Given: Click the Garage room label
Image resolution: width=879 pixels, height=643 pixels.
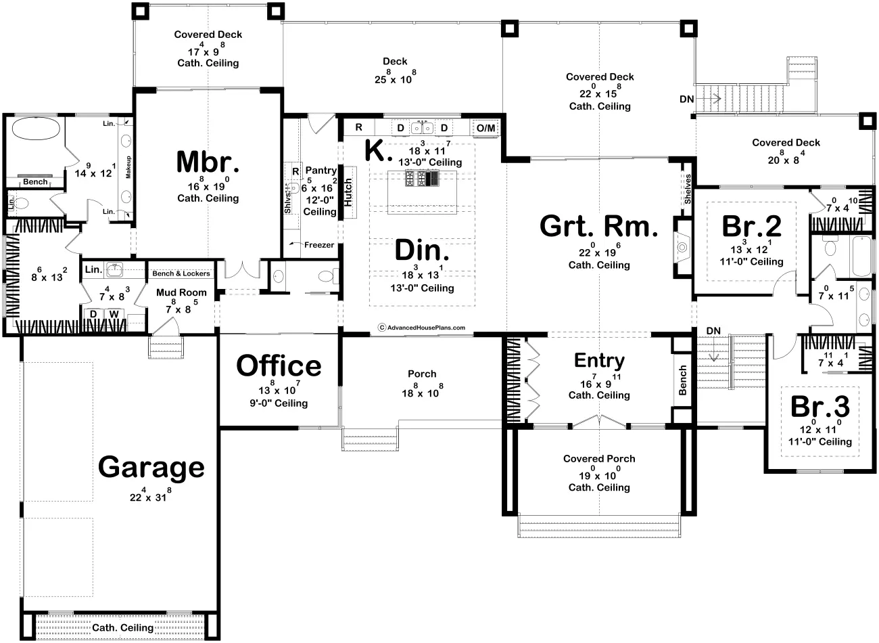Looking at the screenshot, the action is coord(151,467).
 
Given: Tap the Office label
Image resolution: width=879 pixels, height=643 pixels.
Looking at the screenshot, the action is coord(279,365).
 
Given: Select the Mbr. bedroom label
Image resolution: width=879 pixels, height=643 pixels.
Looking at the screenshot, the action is coord(208,162).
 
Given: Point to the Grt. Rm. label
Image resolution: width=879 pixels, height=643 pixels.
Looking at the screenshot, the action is coord(599,226).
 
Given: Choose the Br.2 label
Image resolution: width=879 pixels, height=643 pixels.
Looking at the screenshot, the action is coord(751,226).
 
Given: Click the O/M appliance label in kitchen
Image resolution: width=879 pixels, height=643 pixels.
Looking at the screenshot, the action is coord(485,128).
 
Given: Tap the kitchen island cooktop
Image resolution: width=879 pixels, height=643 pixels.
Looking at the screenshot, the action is coord(422,178).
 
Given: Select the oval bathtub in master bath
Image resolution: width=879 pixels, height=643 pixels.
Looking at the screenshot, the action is coord(36,129).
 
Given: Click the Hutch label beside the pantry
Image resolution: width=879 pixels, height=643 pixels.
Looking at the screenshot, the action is coord(348,192).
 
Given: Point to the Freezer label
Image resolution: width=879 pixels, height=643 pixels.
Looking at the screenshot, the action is coord(319,245).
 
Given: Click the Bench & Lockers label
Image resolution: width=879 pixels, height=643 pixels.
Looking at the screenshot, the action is coord(181,273).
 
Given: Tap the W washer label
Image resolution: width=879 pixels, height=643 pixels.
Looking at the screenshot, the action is coord(114,314).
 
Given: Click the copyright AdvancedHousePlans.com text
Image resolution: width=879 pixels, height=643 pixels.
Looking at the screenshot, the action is coord(422,327).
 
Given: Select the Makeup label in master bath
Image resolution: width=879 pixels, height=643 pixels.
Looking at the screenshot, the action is coord(128,167).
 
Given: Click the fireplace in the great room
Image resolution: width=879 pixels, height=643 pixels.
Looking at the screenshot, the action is coord(682,247).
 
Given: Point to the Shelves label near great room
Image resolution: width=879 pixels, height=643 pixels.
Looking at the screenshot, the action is coord(688,189).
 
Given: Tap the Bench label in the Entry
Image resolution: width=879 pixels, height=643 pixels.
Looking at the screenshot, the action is coord(683,380).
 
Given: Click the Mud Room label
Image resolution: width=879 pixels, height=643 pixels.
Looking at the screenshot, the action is coord(181,292).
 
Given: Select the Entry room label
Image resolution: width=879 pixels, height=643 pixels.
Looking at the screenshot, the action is coord(599,361).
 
